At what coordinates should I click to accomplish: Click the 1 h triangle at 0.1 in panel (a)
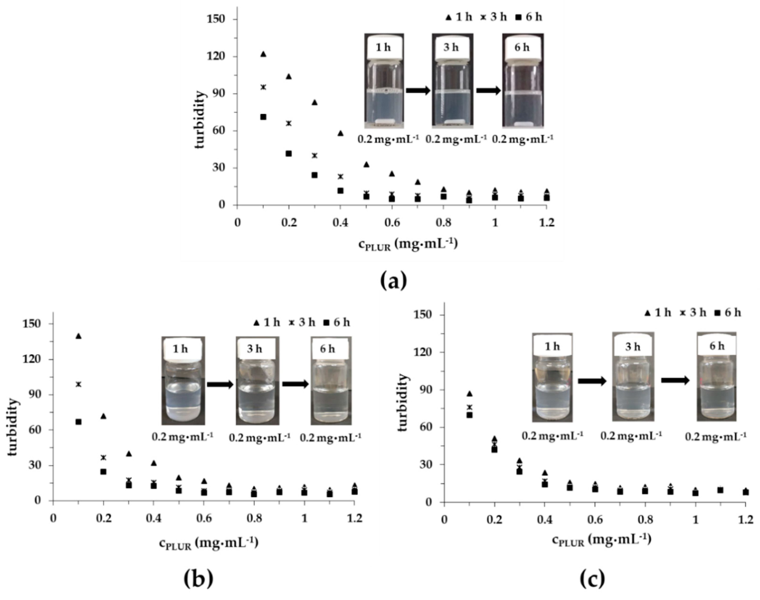[x=263, y=54]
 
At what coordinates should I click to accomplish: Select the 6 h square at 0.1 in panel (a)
[x=263, y=117]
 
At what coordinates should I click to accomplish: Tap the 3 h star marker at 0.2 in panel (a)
[x=289, y=123]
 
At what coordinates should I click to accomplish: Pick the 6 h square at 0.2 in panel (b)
[x=103, y=472]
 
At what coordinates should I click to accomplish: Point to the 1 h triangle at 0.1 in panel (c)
[x=469, y=394]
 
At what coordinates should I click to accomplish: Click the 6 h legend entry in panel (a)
[x=529, y=17]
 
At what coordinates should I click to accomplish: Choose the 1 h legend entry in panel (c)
[x=657, y=312]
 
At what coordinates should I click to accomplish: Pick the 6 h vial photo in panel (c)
[x=716, y=376]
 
